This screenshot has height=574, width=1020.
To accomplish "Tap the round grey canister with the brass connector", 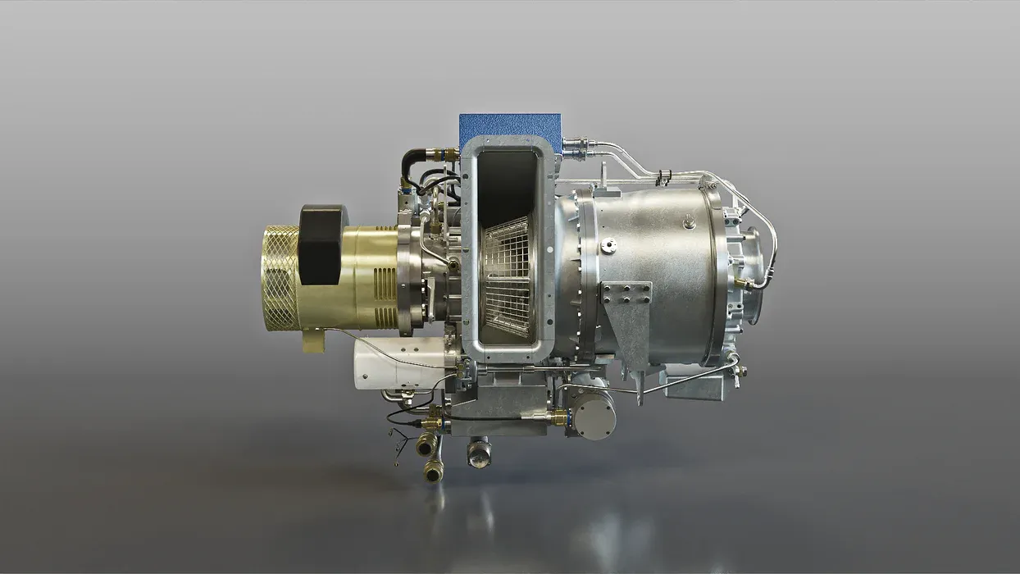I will [592, 413].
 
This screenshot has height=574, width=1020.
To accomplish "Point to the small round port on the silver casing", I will [608, 245].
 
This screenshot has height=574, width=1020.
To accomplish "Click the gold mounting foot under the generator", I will [313, 339].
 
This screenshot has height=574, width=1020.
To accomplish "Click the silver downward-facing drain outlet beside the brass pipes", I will [479, 453].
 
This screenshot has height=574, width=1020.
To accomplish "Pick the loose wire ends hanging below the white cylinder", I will [399, 447].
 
